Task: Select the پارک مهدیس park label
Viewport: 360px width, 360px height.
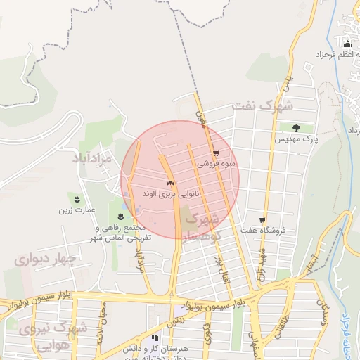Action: click(297, 140)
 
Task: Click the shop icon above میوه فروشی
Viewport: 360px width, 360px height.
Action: click(215, 153)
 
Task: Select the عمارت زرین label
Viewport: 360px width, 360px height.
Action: click(76, 210)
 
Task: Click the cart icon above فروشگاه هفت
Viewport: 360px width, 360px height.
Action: click(262, 219)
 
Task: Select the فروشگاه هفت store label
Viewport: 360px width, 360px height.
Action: click(261, 230)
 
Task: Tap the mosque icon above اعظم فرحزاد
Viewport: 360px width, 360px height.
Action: click(346, 44)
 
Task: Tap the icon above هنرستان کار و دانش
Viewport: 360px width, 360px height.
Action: click(154, 338)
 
